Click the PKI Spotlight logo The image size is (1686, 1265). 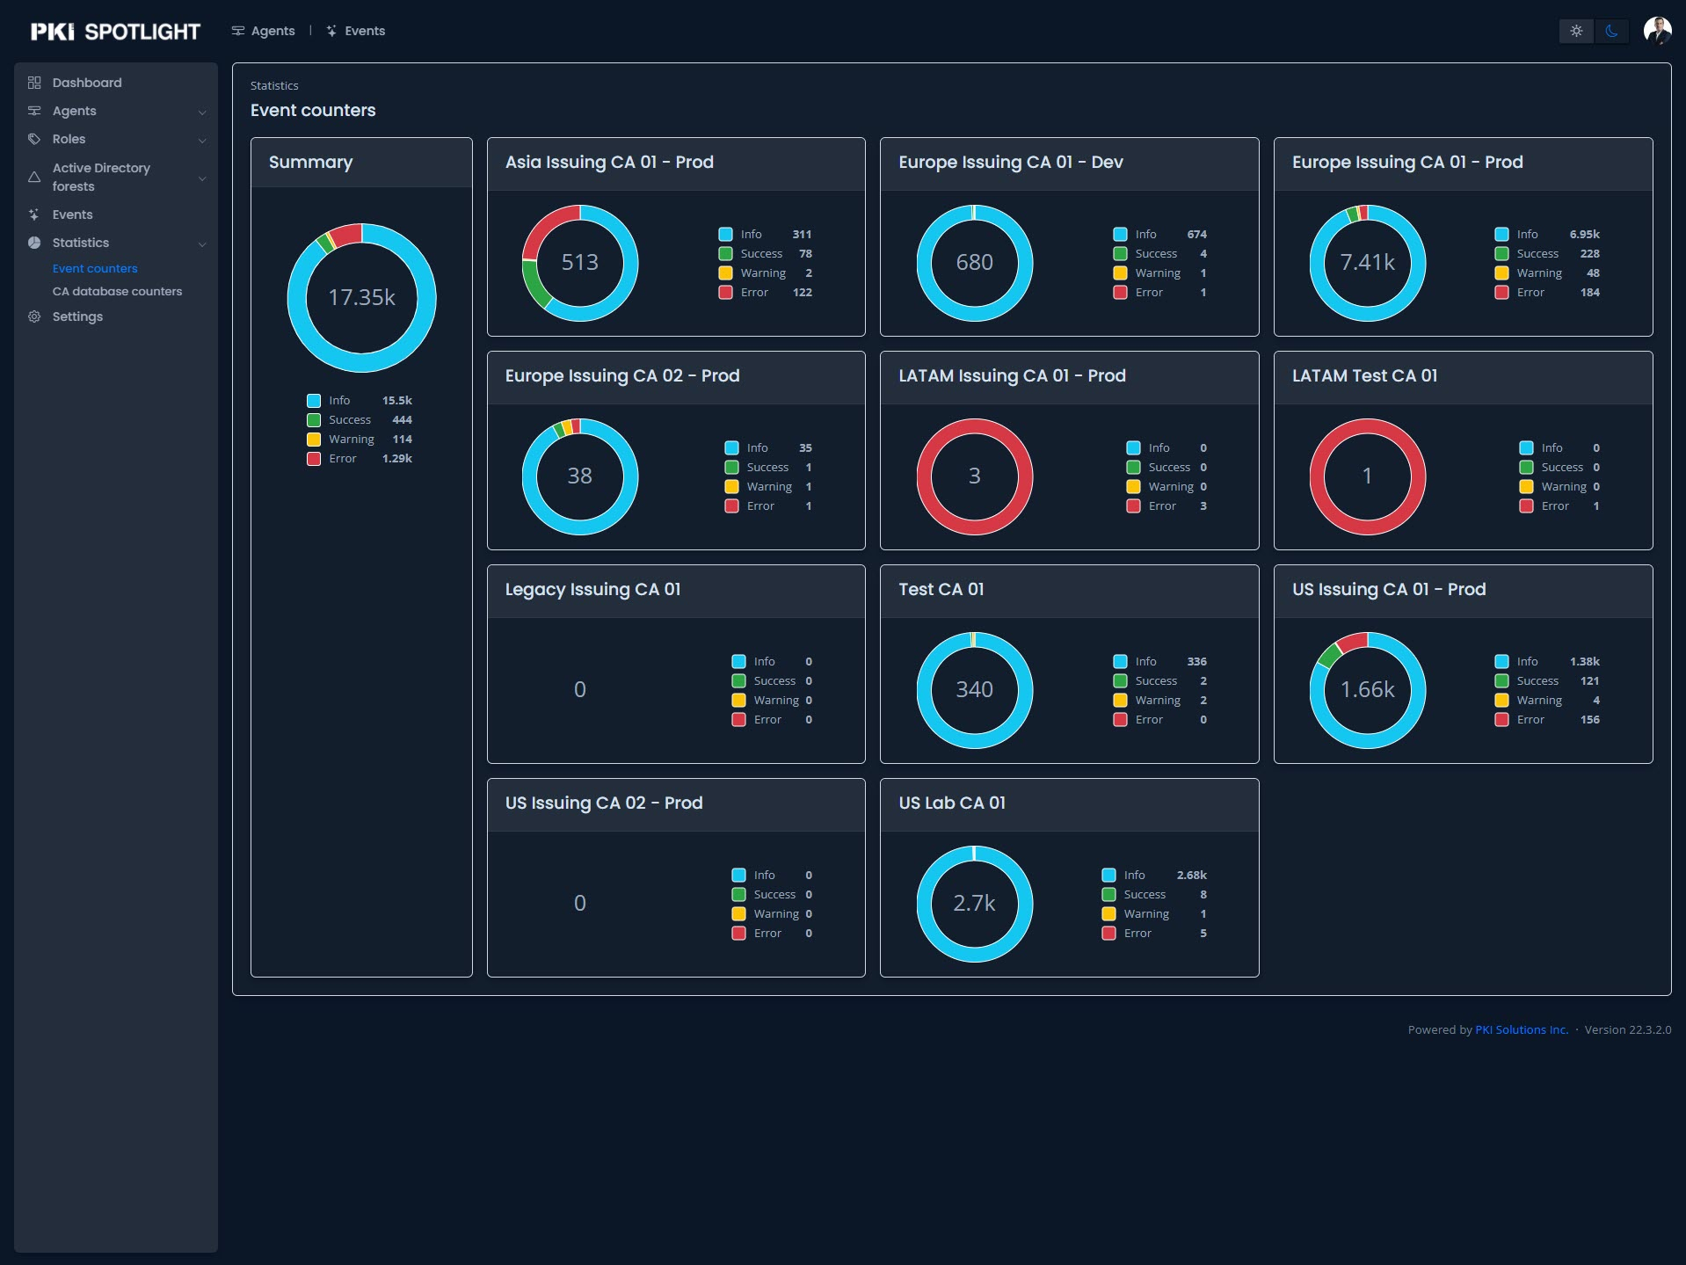tap(115, 32)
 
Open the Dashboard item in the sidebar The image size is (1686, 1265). tap(86, 83)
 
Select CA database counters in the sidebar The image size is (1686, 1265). tap(117, 291)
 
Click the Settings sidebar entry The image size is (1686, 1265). tap(77, 316)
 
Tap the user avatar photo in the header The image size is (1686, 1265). tap(1657, 31)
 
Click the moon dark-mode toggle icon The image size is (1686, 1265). tap(1611, 31)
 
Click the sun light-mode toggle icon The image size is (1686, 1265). tap(1576, 31)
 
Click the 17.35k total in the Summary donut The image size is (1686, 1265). tap(361, 297)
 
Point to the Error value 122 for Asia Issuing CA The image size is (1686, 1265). tap(802, 292)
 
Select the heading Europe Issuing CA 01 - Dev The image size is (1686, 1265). tap(1010, 162)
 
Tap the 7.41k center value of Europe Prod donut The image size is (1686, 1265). tap(1367, 262)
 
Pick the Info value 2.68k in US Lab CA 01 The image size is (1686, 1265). tap(1191, 875)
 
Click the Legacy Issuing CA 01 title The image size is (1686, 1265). tap(592, 589)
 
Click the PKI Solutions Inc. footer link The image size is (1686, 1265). tap(1521, 1029)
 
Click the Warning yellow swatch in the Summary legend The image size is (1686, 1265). tap(314, 439)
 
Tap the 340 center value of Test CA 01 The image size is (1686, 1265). tap(974, 689)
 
